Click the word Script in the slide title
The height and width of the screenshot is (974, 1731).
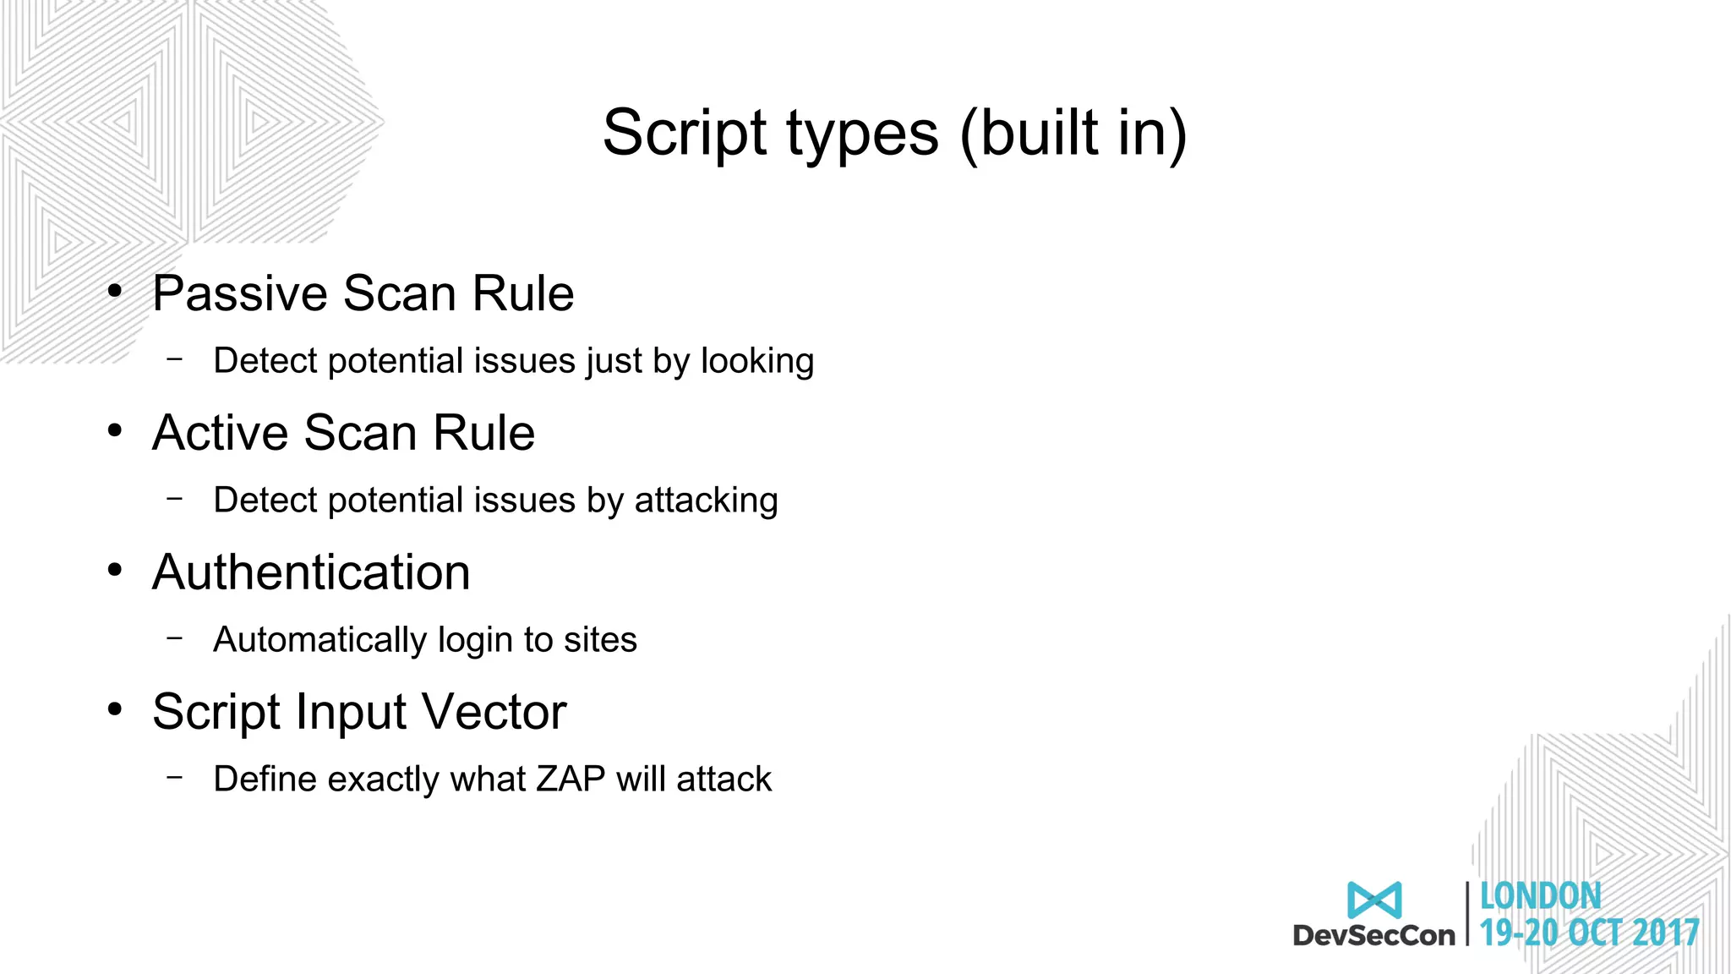click(685, 133)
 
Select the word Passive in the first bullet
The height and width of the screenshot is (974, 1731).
click(239, 293)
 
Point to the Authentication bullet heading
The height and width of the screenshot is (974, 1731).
click(311, 572)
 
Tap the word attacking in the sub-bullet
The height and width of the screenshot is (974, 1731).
click(706, 501)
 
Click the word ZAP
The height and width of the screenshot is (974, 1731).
click(571, 779)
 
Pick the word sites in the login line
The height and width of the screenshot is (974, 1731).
click(600, 640)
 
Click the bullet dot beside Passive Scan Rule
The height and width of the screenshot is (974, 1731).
click(115, 292)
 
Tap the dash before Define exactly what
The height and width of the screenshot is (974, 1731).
click(175, 777)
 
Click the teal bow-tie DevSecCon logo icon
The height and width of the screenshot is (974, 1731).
click(1374, 900)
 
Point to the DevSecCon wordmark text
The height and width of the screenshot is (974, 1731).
click(1374, 935)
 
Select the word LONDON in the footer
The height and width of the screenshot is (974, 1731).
click(1540, 896)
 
